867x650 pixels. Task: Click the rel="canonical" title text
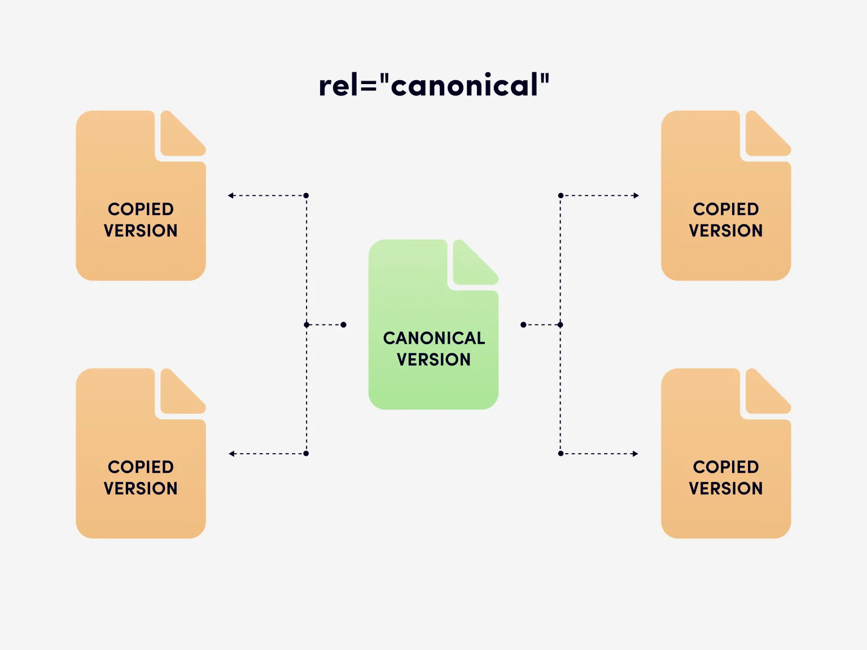tap(433, 86)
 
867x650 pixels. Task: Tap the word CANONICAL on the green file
tap(433, 338)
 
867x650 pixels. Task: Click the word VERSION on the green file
tap(433, 359)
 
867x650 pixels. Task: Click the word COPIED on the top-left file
tap(141, 209)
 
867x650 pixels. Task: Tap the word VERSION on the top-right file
tap(725, 231)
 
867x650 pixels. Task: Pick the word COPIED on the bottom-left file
tap(141, 467)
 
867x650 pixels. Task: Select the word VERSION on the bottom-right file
tap(725, 489)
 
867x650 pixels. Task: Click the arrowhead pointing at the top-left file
tap(231, 196)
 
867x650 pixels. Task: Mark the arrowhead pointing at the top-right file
tap(636, 196)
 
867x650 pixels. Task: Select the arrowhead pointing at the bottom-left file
tap(231, 454)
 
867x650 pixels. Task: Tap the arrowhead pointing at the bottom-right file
tap(635, 454)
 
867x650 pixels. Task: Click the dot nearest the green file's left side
tap(343, 325)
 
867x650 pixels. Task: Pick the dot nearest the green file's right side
tap(523, 325)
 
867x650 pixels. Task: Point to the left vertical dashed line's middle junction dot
tap(306, 325)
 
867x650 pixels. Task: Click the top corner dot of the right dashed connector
tap(561, 196)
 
